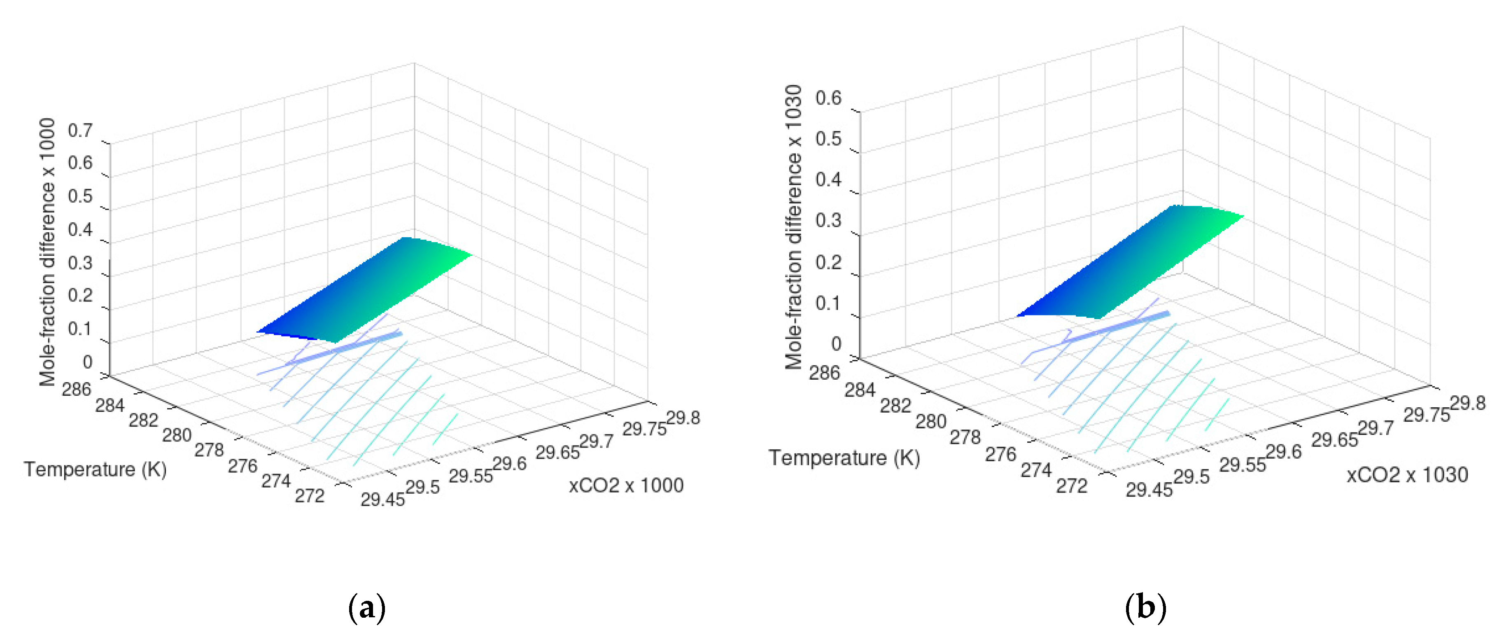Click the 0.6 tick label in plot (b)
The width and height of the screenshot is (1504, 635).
click(x=828, y=98)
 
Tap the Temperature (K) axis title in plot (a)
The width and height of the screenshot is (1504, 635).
click(x=95, y=469)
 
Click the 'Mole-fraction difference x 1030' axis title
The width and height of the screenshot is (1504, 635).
click(x=793, y=226)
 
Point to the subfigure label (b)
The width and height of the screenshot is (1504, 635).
click(x=1145, y=607)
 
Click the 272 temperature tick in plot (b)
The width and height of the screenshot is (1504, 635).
click(x=1071, y=486)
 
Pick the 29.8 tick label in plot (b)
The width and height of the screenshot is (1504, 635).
click(x=1467, y=403)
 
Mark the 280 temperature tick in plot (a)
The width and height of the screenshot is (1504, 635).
click(x=176, y=435)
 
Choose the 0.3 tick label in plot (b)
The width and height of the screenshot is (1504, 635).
click(x=828, y=221)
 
